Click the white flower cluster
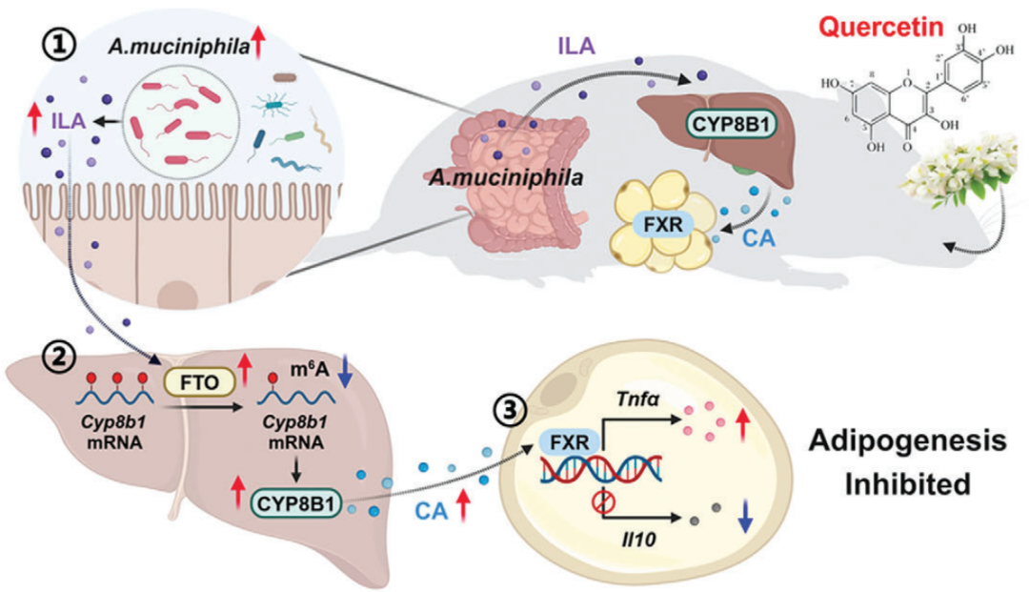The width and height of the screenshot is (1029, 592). [955, 175]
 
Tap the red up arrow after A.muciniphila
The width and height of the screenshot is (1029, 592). [259, 43]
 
